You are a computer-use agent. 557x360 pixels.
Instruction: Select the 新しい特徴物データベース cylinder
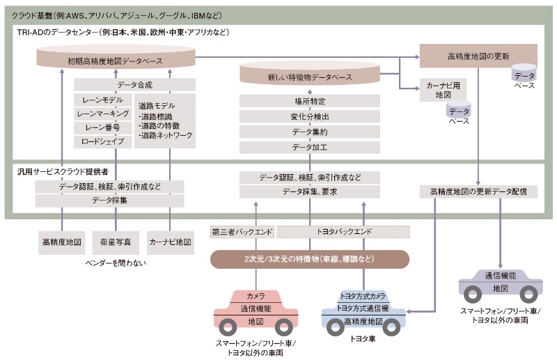(x=310, y=76)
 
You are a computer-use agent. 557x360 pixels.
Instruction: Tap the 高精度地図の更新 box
(x=478, y=54)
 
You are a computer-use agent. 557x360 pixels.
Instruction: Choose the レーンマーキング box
(x=102, y=113)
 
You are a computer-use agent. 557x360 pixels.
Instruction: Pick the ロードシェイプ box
(x=102, y=141)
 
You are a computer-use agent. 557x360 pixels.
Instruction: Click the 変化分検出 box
(x=310, y=116)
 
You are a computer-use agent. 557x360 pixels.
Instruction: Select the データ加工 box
(x=310, y=147)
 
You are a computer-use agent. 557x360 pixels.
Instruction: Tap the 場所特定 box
(x=310, y=101)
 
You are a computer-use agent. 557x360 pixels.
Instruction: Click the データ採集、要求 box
(x=310, y=191)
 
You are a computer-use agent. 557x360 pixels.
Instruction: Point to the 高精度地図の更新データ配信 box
(x=478, y=191)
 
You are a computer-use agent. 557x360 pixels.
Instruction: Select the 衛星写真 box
(x=116, y=242)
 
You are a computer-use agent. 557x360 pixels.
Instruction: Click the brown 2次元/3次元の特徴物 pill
(x=310, y=258)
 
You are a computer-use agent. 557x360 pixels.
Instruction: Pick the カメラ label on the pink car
(x=255, y=296)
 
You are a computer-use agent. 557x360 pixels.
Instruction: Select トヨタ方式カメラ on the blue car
(x=362, y=295)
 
